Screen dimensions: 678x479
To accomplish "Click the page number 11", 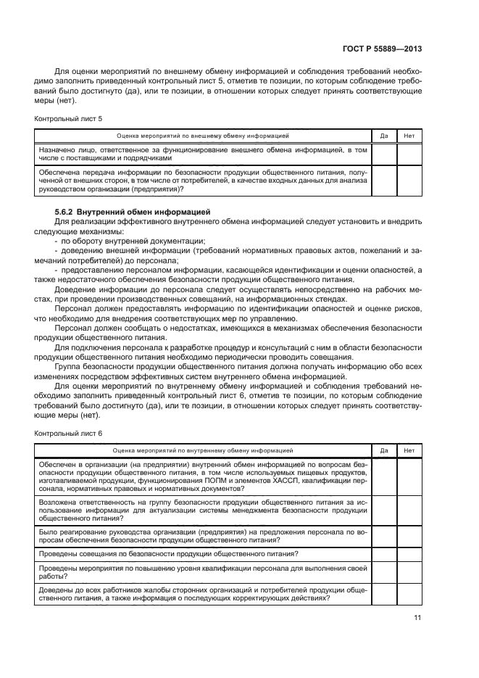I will pos(417,618).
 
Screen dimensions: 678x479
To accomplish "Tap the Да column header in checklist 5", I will pos(384,135).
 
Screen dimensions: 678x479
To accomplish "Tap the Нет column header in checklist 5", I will pos(409,135).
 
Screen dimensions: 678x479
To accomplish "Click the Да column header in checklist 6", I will pos(384,450).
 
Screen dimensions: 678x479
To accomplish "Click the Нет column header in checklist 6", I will pos(409,450).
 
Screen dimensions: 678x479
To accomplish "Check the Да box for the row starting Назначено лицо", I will pos(384,153).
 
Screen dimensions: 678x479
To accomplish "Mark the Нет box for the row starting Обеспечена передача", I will pos(409,181).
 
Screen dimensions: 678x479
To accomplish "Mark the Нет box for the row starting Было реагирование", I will pos(409,537).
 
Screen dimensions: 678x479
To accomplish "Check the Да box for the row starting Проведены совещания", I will pos(384,554).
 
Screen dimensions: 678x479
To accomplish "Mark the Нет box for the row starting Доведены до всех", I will pos(409,594).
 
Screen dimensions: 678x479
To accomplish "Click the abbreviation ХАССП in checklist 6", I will pos(278,480).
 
